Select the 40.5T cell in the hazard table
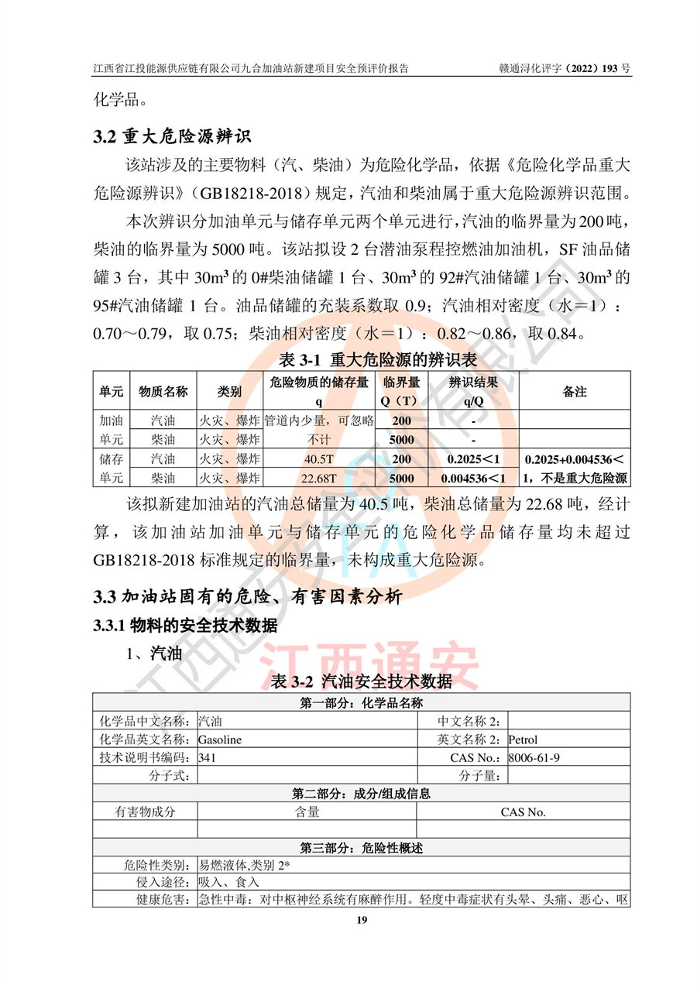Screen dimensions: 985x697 click(x=318, y=458)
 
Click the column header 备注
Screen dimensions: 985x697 click(x=574, y=391)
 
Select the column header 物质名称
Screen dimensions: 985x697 click(x=163, y=391)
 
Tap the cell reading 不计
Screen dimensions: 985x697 click(x=318, y=439)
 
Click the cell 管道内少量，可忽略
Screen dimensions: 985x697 click(x=318, y=420)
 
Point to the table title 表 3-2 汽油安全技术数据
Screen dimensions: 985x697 click(x=362, y=681)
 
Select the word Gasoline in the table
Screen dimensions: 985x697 click(x=220, y=740)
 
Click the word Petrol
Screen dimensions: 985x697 click(x=523, y=740)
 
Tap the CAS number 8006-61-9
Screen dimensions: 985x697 click(x=534, y=757)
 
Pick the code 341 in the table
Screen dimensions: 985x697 click(x=207, y=757)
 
